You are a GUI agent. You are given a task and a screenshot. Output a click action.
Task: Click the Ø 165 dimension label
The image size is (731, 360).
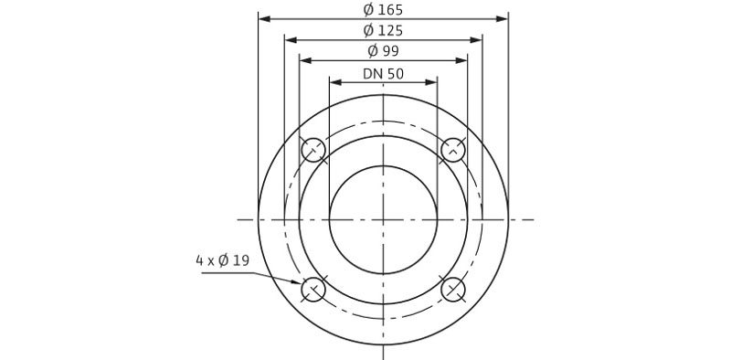383,9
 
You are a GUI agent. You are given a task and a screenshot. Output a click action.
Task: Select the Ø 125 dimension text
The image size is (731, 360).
383,31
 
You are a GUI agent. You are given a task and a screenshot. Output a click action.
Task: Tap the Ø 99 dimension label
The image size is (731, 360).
383,51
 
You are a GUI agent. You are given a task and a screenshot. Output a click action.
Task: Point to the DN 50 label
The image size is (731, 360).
383,74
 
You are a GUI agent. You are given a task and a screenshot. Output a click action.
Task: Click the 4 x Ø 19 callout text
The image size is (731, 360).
222,260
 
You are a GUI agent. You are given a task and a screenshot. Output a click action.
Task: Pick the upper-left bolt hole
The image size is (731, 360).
313,150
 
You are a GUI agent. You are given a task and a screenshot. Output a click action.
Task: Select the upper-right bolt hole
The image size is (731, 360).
453,150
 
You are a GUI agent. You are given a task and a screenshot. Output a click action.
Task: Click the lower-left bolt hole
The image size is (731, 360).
313,290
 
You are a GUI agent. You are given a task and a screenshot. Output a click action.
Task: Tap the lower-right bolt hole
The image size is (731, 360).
453,290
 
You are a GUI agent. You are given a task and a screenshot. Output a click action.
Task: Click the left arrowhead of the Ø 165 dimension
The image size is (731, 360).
264,18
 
